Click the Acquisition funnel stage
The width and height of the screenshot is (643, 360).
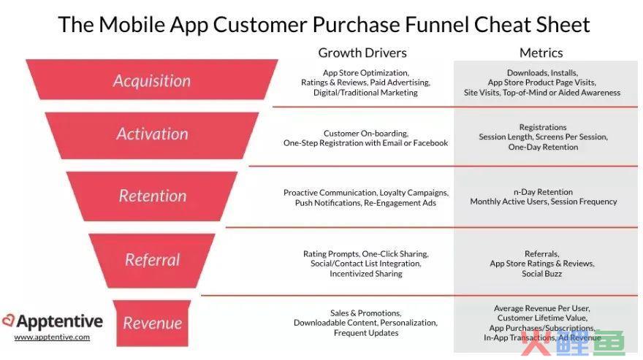coord(152,80)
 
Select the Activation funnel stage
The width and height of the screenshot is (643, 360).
coord(152,135)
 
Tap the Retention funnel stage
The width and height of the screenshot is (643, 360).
coord(152,196)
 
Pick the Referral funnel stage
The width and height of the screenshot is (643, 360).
coord(152,261)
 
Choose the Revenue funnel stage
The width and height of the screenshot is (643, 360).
coord(152,323)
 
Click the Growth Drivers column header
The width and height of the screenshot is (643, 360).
coord(362,53)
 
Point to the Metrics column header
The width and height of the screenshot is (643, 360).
coord(541,53)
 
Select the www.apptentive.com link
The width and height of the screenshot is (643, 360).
coord(52,337)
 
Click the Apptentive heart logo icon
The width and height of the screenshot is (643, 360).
coord(8,321)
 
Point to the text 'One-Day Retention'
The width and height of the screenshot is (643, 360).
coord(543,148)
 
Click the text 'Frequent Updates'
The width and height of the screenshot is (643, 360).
coord(366,333)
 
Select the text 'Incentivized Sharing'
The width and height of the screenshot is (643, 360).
coord(366,274)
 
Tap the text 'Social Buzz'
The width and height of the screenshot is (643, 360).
coord(541,274)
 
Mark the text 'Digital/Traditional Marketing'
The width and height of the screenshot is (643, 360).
coord(365,93)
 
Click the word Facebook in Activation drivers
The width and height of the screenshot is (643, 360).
coord(430,143)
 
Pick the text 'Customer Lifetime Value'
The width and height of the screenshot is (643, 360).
coord(541,318)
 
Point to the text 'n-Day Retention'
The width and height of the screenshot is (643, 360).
coord(543,192)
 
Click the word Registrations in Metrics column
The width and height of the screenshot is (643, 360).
coord(542,128)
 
